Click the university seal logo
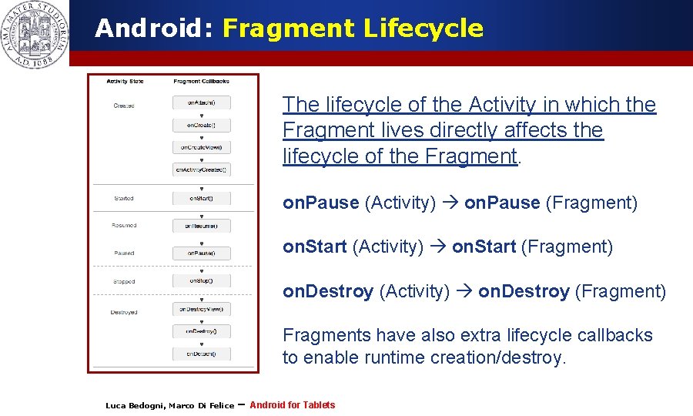point(35,35)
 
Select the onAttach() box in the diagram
point(201,102)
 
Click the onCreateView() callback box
point(201,146)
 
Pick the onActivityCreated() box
point(201,169)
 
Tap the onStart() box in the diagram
point(201,199)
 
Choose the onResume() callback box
point(201,226)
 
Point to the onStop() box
point(201,281)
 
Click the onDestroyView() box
point(201,309)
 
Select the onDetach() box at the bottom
point(201,354)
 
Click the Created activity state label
point(124,106)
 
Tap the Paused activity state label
point(124,253)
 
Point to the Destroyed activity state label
point(124,312)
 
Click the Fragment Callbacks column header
point(201,81)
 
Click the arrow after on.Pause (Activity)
point(450,203)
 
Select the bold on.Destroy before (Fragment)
point(524,291)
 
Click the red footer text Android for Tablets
point(293,405)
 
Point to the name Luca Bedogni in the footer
point(135,406)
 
